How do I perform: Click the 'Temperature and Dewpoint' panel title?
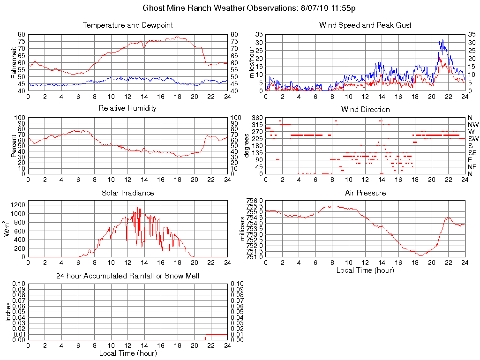[x=127, y=25]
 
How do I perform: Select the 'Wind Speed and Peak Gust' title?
[x=365, y=25]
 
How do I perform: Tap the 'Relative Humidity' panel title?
[x=127, y=108]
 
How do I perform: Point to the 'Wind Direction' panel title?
[x=365, y=109]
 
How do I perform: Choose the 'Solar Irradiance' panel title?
[x=127, y=193]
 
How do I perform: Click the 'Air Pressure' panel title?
[x=365, y=193]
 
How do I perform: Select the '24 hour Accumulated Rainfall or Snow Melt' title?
[x=127, y=276]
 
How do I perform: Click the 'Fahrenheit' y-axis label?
[x=13, y=62]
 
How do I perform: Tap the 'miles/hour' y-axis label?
[x=251, y=62]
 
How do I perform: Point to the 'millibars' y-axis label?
[x=242, y=229]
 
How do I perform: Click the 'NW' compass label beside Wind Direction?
[x=472, y=125]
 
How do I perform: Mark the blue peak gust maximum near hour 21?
[x=441, y=40]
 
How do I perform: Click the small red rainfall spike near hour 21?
[x=206, y=337]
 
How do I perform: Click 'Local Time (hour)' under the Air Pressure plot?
[x=365, y=270]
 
